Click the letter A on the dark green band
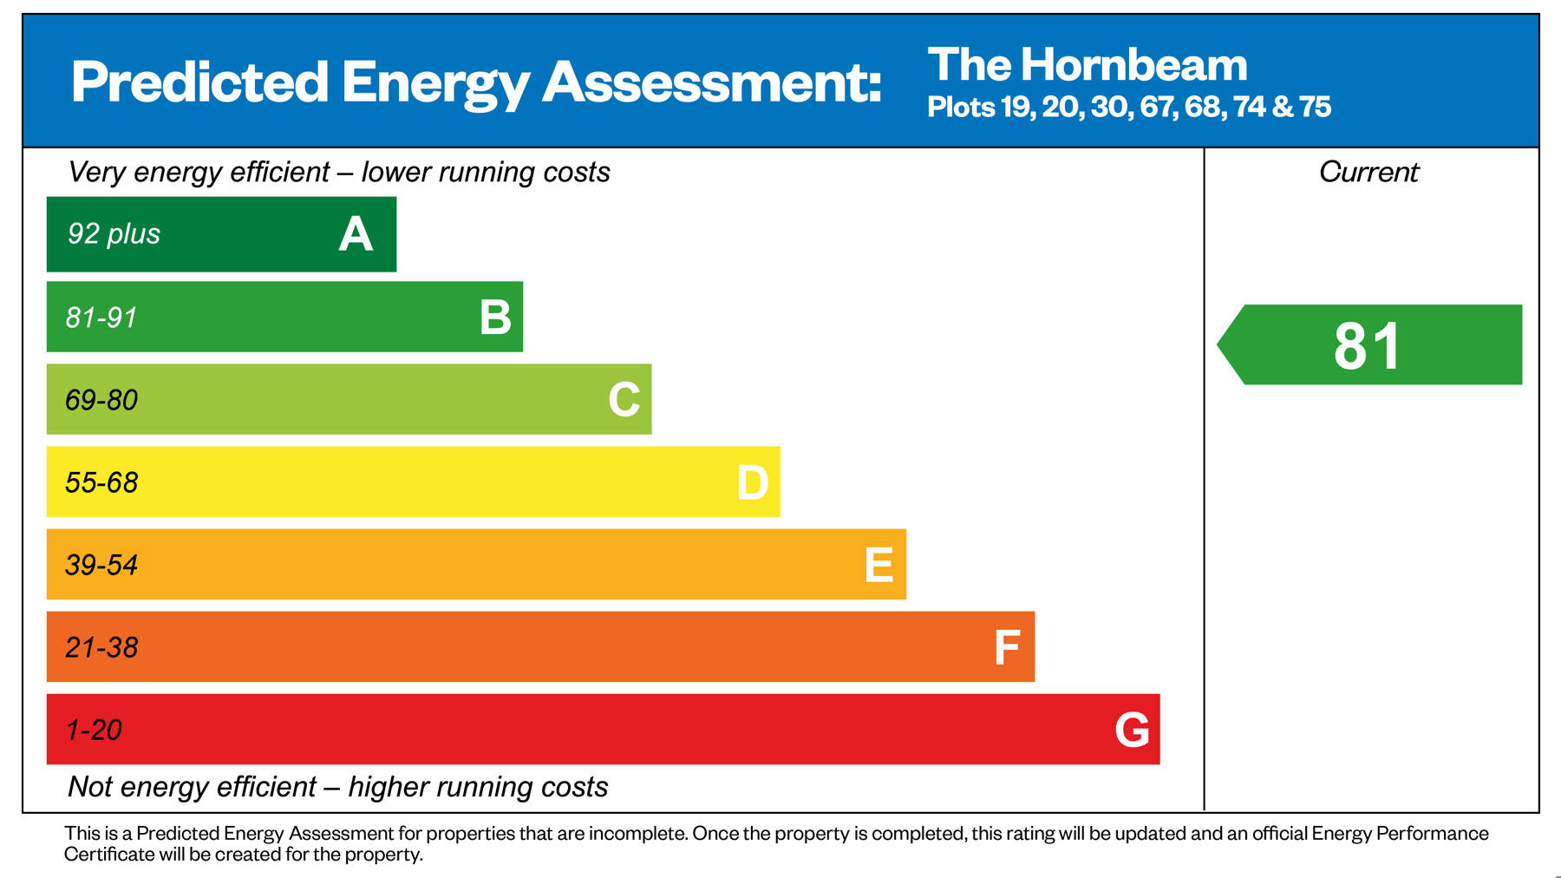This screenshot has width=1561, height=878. pos(356,234)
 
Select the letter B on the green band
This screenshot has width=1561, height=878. pos(495,318)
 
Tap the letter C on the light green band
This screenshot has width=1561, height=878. pos(624,400)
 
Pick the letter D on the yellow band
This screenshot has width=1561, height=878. pos(752,482)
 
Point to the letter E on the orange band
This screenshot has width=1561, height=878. pos(878,565)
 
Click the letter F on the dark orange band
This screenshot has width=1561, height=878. pos(1006,647)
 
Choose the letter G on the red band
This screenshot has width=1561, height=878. pos(1132,730)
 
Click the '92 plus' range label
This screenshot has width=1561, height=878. pos(114,234)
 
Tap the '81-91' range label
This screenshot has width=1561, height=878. pos(101,318)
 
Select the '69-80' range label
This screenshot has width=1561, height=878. pos(101,400)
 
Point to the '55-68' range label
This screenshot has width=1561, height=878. pos(101,482)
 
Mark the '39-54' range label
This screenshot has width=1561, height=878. pos(101,565)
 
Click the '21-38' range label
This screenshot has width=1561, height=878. pos(101,647)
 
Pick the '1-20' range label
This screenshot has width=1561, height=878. pos(94,730)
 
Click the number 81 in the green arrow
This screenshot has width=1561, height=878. pos(1367,346)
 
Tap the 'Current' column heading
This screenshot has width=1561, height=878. pos(1368,172)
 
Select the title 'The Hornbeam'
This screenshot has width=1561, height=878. pos(1087,65)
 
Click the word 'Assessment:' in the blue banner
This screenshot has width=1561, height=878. pos(712,82)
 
